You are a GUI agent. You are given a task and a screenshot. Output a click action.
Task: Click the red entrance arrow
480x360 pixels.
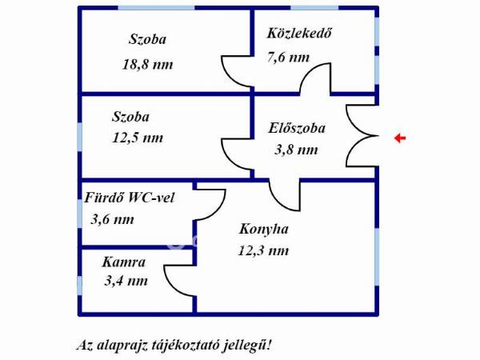(x=400, y=138)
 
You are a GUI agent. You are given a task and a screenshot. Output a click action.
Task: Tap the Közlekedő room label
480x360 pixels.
(x=299, y=34)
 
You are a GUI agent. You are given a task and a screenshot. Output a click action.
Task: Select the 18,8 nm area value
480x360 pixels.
(x=147, y=65)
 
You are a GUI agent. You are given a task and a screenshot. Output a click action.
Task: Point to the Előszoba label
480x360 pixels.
(x=297, y=128)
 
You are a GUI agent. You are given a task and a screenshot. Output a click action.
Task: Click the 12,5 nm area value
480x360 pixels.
(x=138, y=138)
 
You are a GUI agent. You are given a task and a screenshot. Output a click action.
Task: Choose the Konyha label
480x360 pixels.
(x=263, y=229)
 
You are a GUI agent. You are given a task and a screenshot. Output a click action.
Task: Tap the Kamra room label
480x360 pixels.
(x=124, y=262)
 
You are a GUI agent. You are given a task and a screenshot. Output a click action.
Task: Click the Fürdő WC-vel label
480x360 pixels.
(x=130, y=198)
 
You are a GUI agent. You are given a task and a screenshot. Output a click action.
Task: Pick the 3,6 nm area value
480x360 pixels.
(x=113, y=219)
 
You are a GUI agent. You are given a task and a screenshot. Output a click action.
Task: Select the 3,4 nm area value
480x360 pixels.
(x=126, y=281)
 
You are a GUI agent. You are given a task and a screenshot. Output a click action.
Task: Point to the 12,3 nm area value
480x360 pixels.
(x=263, y=250)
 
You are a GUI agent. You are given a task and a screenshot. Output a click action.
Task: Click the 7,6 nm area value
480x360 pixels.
(x=288, y=58)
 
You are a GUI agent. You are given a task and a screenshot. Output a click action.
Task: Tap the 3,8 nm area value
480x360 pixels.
(x=296, y=150)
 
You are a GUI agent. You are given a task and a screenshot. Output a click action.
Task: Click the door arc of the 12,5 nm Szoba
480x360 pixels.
(x=228, y=161)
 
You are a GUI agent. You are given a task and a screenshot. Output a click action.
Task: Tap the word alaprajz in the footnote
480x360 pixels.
(x=122, y=346)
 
